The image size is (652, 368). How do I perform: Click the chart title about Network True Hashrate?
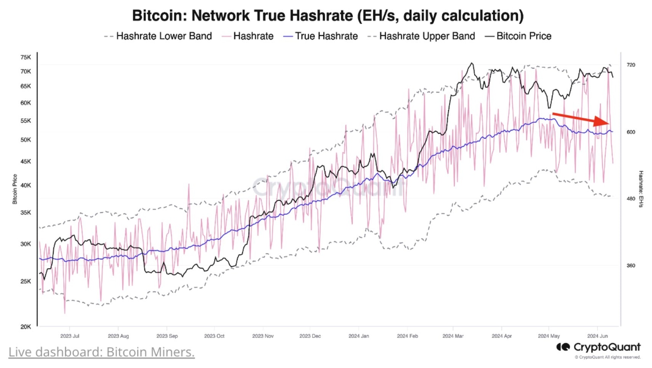(x=327, y=16)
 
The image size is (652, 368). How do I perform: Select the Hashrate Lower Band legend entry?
(x=158, y=36)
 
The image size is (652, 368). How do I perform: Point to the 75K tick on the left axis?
(x=25, y=57)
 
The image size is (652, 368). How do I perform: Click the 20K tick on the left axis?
(x=25, y=326)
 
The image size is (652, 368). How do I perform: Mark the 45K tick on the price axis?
(x=25, y=161)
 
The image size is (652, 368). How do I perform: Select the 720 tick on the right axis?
(x=631, y=65)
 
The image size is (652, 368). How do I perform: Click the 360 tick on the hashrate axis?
(x=631, y=266)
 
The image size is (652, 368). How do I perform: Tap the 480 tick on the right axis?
(x=631, y=199)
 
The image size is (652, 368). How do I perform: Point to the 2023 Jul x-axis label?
(x=70, y=336)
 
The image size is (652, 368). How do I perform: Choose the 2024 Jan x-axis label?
(x=359, y=336)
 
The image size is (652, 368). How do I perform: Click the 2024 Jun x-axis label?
(x=597, y=336)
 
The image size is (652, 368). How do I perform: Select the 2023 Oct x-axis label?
(x=214, y=336)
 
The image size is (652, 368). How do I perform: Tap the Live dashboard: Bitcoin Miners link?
(x=101, y=352)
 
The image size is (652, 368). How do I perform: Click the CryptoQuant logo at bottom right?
(x=599, y=348)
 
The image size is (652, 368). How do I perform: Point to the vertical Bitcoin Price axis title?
(x=15, y=189)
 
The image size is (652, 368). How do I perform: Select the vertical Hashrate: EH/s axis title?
(x=641, y=189)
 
